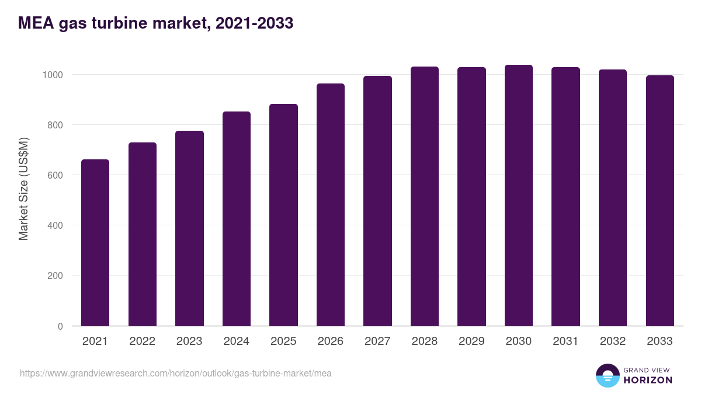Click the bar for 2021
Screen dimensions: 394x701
click(95, 242)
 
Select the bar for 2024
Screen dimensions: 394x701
click(237, 218)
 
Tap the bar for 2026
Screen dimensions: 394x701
click(331, 204)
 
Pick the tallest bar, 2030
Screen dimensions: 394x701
click(519, 195)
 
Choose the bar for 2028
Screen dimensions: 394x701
click(425, 196)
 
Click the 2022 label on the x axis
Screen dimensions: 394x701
click(143, 341)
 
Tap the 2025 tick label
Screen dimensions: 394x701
click(283, 341)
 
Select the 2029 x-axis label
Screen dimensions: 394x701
click(471, 341)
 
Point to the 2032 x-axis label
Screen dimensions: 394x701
click(613, 341)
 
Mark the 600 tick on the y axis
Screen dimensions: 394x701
click(55, 175)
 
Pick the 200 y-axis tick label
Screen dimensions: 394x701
click(55, 276)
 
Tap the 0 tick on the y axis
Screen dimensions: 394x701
click(60, 326)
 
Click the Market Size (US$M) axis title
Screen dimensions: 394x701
click(23, 188)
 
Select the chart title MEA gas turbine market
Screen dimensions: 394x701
click(155, 23)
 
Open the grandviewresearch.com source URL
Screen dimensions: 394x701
click(176, 373)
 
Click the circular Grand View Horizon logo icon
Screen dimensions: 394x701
click(608, 375)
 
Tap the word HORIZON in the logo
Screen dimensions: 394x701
click(647, 380)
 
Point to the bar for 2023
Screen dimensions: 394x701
click(189, 228)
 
